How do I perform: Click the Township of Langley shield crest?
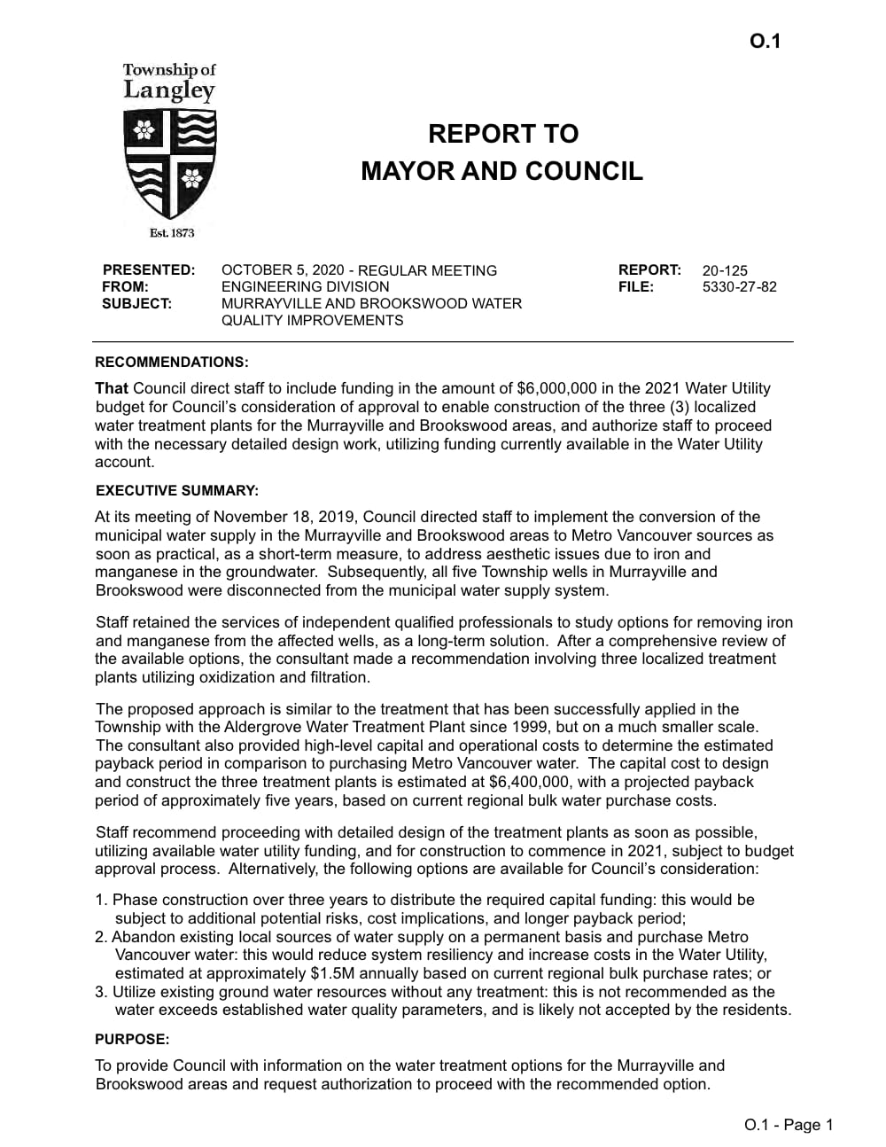[170, 164]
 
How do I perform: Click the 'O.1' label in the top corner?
[765, 42]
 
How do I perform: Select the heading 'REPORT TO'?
[502, 134]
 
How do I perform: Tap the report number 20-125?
[725, 270]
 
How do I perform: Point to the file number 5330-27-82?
[739, 287]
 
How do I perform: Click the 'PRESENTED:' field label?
[148, 269]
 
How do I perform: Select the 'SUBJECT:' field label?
[136, 303]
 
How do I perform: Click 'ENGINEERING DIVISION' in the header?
[305, 287]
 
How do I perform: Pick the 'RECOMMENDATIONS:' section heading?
[172, 363]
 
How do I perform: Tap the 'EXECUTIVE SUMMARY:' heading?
[176, 491]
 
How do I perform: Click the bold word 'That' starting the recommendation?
[112, 388]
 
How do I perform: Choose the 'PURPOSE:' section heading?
[131, 1039]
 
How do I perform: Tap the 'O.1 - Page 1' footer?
[789, 1125]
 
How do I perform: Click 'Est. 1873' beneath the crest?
[172, 233]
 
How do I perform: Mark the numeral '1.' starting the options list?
[102, 900]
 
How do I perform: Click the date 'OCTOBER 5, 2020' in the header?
[280, 270]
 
